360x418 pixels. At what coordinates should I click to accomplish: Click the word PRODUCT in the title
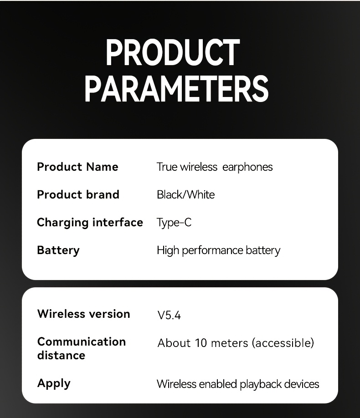[173, 52]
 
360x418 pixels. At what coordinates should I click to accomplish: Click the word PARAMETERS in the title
[176, 88]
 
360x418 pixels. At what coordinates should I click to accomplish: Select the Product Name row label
[77, 167]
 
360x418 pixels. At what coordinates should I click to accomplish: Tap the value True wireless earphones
[215, 167]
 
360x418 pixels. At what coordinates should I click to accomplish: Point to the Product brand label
[78, 194]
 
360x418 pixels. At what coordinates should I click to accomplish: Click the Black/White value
[186, 194]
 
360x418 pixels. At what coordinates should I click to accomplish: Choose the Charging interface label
[90, 223]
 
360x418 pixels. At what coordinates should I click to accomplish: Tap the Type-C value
[174, 223]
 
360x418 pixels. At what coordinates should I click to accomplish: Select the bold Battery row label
[58, 250]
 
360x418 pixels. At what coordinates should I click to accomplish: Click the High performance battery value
[219, 250]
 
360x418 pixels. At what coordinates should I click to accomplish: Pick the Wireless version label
[84, 314]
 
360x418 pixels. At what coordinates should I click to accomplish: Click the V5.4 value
[169, 316]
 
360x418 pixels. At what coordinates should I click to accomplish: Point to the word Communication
[82, 342]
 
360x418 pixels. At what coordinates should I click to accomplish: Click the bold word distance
[62, 355]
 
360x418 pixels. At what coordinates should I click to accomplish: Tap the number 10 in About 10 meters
[201, 343]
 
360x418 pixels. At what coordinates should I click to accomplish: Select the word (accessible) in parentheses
[283, 343]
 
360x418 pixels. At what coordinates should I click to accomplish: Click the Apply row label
[54, 384]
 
